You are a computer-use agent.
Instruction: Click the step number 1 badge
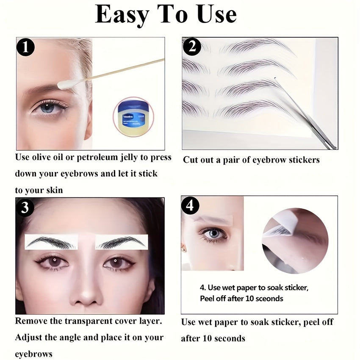coord(25,47)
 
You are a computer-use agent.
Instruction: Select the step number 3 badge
coord(25,208)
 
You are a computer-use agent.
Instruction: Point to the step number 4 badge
coord(190,206)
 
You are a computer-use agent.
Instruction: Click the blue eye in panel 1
coord(47,107)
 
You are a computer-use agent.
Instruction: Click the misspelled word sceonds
coord(266,298)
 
